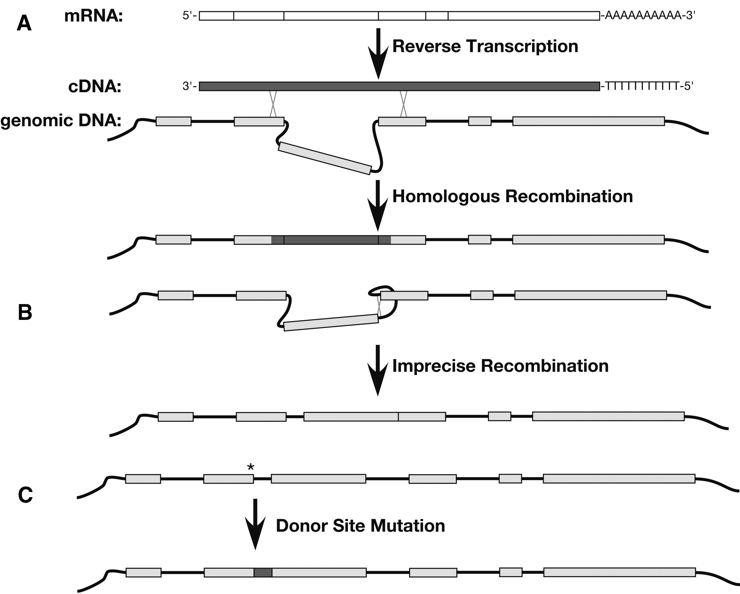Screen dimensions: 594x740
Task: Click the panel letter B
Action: pyautogui.click(x=25, y=313)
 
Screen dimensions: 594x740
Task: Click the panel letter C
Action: pyautogui.click(x=25, y=496)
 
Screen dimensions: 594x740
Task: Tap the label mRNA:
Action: pyautogui.click(x=94, y=16)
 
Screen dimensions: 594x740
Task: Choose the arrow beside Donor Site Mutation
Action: pyautogui.click(x=255, y=524)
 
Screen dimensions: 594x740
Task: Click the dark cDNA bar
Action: pyautogui.click(x=399, y=86)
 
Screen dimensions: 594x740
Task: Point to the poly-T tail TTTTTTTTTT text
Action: pyautogui.click(x=642, y=86)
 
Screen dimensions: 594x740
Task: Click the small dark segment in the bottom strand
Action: pyautogui.click(x=263, y=572)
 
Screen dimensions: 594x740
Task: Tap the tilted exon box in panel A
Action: pyautogui.click(x=325, y=158)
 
